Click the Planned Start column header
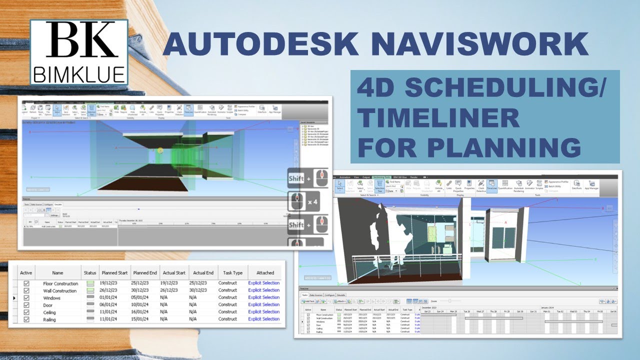point(114,273)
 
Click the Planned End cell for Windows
point(144,297)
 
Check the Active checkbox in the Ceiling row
point(26,312)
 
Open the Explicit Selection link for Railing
point(264,319)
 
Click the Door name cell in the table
point(48,304)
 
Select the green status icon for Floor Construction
point(90,283)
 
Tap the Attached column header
point(265,273)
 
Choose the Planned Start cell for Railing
point(111,319)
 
